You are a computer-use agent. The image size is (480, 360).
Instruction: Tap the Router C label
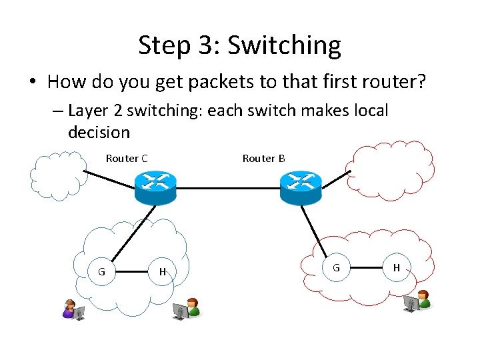coord(127,158)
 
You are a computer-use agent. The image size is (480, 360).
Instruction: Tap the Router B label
coord(263,158)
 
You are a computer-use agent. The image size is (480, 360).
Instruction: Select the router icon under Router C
coord(154,187)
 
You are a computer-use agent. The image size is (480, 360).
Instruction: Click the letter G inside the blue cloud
coord(101,271)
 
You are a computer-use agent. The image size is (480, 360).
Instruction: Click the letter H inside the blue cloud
coord(162,271)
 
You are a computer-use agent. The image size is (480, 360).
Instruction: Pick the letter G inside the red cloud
coord(336,267)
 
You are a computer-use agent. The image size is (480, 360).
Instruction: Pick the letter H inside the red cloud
coord(397,267)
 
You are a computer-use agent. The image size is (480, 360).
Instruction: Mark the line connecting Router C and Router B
coord(227,188)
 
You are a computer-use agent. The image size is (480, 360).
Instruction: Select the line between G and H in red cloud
coord(366,268)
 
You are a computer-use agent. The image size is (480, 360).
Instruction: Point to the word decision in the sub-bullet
coord(99,132)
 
